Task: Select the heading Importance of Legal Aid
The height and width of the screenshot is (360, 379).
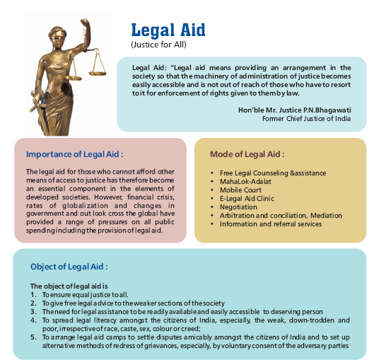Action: pos(74,153)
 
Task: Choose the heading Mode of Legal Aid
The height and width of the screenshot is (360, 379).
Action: pos(247,153)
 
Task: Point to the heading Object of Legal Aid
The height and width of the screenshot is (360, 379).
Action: pos(69,267)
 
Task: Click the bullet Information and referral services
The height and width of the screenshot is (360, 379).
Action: pos(270,223)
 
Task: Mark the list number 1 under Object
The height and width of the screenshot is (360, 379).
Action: pos(33,294)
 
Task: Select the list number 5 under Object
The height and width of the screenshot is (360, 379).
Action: pos(33,336)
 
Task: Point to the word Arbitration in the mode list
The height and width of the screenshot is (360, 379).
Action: pos(238,215)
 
